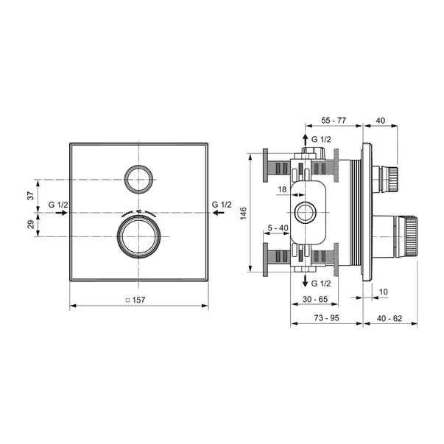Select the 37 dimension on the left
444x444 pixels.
point(31,196)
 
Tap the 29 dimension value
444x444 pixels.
point(31,225)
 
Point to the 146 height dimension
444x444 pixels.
point(243,214)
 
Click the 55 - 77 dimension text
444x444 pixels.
point(334,120)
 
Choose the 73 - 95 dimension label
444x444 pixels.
point(326,318)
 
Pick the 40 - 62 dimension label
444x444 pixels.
point(390,319)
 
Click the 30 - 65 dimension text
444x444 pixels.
point(315,299)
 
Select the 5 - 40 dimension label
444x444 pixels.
point(278,228)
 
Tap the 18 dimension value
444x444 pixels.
point(282,189)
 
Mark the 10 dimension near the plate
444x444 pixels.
point(383,292)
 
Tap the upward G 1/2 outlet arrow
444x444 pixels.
point(305,140)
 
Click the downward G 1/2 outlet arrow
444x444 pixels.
point(305,281)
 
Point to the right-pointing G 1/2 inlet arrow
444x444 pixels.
point(61,213)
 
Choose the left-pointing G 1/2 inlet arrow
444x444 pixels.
point(219,213)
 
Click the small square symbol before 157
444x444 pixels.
point(127,300)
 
